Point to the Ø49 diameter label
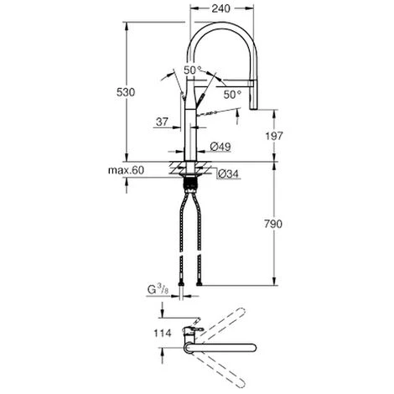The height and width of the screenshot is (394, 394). pyautogui.click(x=220, y=146)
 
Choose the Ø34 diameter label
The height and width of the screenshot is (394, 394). pyautogui.click(x=226, y=174)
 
